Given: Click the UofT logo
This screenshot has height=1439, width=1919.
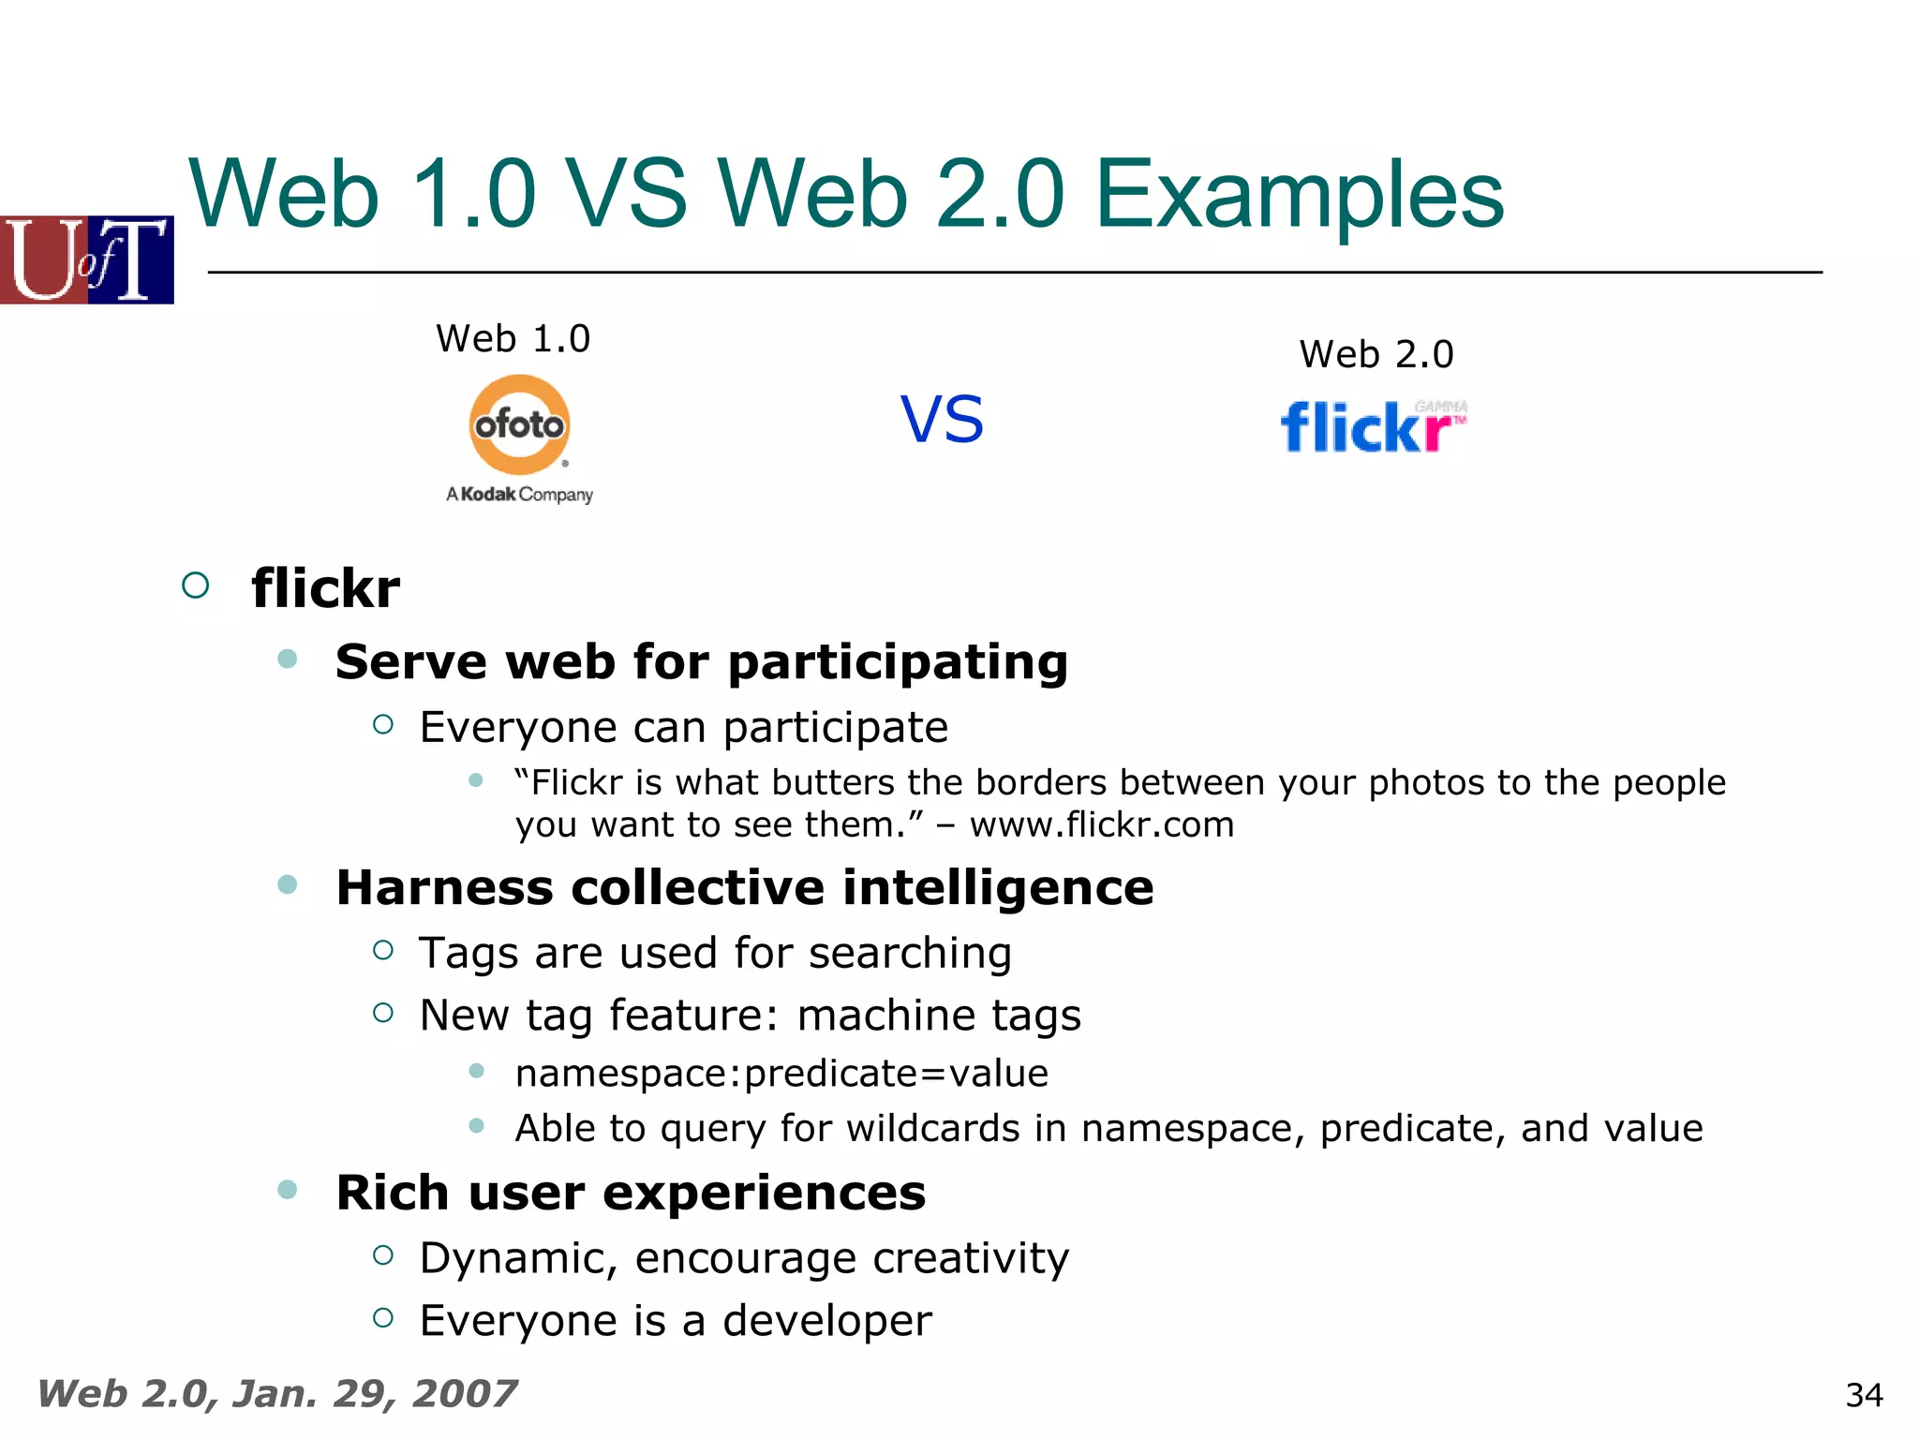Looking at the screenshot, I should click(x=87, y=260).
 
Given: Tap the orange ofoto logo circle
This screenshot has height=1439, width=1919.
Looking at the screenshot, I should click(x=519, y=425).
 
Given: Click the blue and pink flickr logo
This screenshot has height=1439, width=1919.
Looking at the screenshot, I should click(x=1373, y=427).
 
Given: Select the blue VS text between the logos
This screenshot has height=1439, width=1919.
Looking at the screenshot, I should click(x=942, y=420).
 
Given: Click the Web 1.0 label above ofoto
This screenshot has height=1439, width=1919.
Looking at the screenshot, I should click(x=513, y=338).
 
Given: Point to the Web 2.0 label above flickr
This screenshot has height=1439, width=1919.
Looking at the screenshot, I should click(x=1376, y=354).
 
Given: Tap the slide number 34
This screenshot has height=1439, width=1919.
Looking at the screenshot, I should click(x=1864, y=1395).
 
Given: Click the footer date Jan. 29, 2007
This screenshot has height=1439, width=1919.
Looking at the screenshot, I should click(x=375, y=1393).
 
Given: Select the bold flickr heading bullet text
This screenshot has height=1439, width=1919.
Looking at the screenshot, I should click(x=325, y=588).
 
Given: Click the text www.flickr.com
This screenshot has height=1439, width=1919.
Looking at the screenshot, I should click(x=1102, y=824).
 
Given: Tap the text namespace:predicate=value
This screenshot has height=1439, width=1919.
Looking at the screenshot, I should click(x=781, y=1073).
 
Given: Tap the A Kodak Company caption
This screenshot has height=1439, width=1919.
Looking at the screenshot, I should click(x=519, y=494).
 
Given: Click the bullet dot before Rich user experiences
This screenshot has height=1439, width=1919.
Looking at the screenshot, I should click(x=288, y=1190).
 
